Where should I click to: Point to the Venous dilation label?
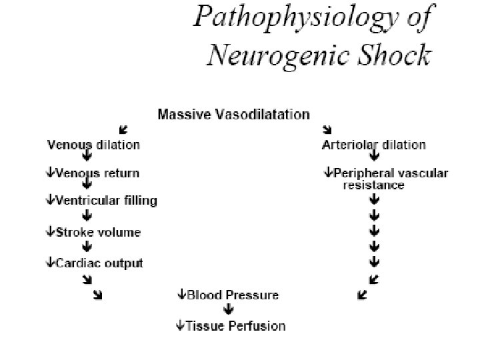(x=93, y=144)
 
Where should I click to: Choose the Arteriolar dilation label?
(x=373, y=144)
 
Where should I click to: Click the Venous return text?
(x=97, y=173)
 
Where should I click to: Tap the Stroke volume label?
(x=99, y=232)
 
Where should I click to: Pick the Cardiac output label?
(x=99, y=263)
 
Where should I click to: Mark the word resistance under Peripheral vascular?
(x=373, y=185)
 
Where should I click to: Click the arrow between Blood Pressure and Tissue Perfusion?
(x=229, y=310)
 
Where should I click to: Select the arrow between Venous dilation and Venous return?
(x=87, y=158)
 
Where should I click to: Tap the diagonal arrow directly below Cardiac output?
(x=98, y=294)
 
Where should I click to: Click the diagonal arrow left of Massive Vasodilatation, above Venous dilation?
(x=123, y=129)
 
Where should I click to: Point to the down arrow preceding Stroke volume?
(x=50, y=232)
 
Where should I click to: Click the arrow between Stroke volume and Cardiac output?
(x=87, y=247)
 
